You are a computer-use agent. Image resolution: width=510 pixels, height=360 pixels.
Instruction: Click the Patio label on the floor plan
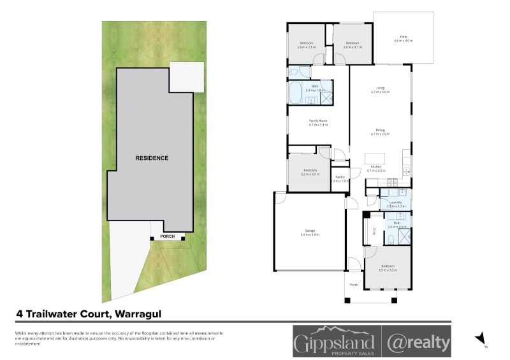coord(403,38)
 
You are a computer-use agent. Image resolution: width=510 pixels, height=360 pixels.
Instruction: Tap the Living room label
coord(380,90)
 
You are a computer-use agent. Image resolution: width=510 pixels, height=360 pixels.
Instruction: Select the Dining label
coord(380,131)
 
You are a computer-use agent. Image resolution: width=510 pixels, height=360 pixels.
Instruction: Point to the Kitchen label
coord(377,168)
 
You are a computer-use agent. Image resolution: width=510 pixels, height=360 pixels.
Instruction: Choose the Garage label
coord(309,233)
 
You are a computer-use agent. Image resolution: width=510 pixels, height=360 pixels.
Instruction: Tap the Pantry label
coord(340,178)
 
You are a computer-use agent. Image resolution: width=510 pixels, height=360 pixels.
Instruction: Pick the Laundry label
coord(396,203)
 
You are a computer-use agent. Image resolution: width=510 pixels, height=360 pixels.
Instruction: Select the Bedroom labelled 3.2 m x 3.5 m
coord(310,171)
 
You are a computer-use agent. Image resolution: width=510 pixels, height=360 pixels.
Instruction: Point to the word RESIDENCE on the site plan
coord(152,158)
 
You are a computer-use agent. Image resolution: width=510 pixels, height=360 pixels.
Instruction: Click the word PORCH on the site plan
coord(168,236)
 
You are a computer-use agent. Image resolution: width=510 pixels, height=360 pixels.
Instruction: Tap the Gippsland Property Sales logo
coord(335,341)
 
